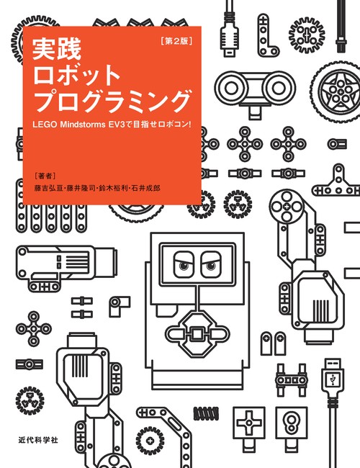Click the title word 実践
click(x=57, y=50)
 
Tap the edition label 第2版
click(x=176, y=41)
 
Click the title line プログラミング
click(x=112, y=101)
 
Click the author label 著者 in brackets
click(x=45, y=176)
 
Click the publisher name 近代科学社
click(x=38, y=440)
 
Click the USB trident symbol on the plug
click(x=333, y=379)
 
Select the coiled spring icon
click(x=206, y=413)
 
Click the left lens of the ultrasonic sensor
click(x=230, y=88)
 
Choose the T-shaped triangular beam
click(x=337, y=182)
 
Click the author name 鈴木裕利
click(x=114, y=188)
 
